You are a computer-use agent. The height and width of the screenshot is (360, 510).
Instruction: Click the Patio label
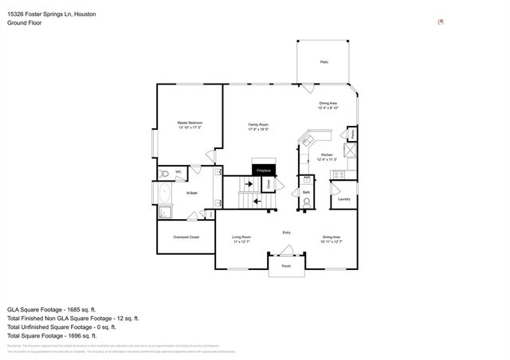[324, 61]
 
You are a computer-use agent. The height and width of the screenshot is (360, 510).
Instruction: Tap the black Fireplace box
[264, 170]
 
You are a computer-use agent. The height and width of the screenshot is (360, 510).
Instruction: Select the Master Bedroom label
[189, 124]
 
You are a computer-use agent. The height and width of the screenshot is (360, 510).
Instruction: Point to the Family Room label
[258, 126]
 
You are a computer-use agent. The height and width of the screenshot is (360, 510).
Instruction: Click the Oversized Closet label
[186, 237]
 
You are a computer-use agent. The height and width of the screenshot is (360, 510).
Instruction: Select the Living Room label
[241, 238]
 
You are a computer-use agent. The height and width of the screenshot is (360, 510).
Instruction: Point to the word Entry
[286, 233]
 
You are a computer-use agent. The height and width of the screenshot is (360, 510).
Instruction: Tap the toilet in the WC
[163, 173]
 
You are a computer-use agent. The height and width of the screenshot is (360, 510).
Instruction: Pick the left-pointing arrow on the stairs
[257, 202]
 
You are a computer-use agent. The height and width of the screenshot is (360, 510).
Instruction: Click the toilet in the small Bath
[306, 202]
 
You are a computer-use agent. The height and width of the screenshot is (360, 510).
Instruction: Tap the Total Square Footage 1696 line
[62, 335]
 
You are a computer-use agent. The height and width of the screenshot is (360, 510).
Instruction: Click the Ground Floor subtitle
[24, 23]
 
